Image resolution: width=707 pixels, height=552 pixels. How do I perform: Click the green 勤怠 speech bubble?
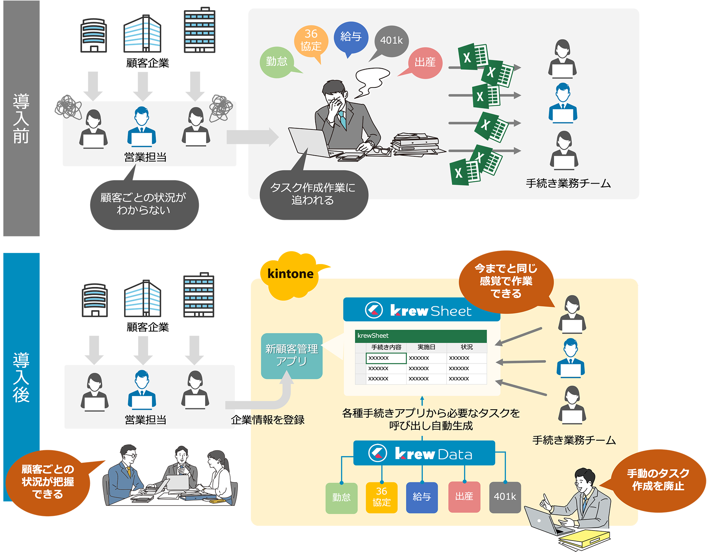click(277, 62)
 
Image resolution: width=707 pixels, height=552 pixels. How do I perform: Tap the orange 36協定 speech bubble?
click(311, 41)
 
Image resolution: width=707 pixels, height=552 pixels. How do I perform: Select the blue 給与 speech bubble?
click(351, 37)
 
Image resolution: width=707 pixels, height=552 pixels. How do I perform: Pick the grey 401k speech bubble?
click(391, 41)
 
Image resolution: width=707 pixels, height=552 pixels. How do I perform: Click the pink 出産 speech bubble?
click(425, 63)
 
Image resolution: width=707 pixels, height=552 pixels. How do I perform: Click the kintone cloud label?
click(291, 274)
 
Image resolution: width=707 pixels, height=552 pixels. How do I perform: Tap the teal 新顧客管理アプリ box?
click(292, 355)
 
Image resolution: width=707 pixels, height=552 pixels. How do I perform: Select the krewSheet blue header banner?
click(422, 310)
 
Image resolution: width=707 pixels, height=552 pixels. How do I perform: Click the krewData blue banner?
click(424, 454)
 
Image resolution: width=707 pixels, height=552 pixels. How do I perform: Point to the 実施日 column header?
click(426, 347)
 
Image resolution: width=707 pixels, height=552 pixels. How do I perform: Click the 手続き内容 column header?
click(386, 347)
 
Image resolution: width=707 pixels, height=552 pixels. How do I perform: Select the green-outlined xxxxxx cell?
click(386, 358)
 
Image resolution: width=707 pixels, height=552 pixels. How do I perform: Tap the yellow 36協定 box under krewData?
click(381, 497)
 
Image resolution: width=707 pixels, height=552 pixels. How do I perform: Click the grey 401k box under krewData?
click(505, 497)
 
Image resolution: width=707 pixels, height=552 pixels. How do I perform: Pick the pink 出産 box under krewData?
click(464, 497)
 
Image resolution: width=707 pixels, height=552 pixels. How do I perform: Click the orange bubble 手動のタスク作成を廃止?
click(658, 479)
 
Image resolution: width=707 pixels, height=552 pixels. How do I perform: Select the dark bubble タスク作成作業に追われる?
click(313, 194)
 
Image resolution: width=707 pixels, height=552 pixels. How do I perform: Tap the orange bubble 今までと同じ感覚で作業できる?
click(506, 281)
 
